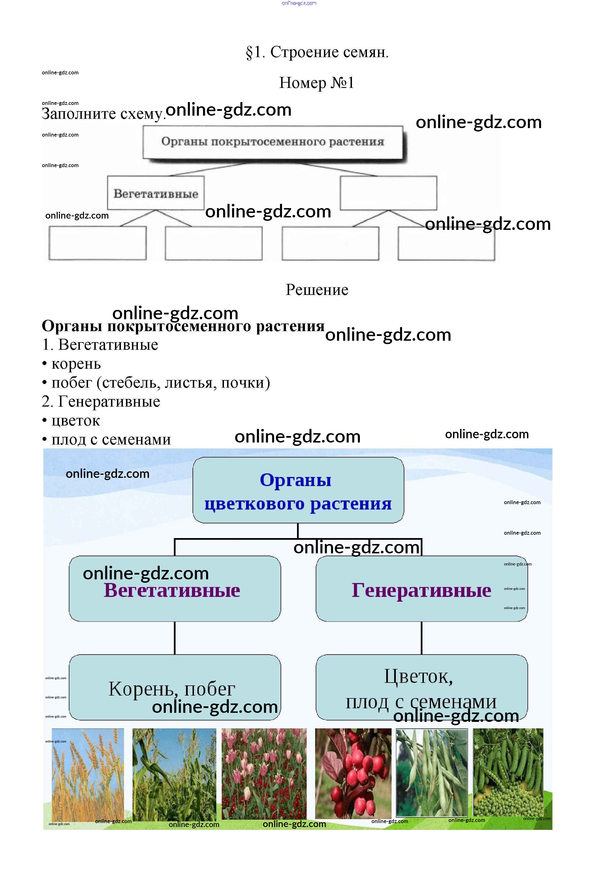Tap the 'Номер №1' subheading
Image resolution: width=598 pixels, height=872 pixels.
click(x=316, y=83)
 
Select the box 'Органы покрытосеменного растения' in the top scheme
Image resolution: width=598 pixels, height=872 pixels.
click(x=273, y=142)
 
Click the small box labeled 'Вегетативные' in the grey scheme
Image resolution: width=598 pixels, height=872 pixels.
click(x=155, y=193)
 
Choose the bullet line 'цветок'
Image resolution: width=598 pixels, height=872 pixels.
click(x=75, y=421)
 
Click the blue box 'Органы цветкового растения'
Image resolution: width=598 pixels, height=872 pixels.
click(x=298, y=490)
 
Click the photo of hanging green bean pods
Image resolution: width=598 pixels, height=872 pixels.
click(x=432, y=773)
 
